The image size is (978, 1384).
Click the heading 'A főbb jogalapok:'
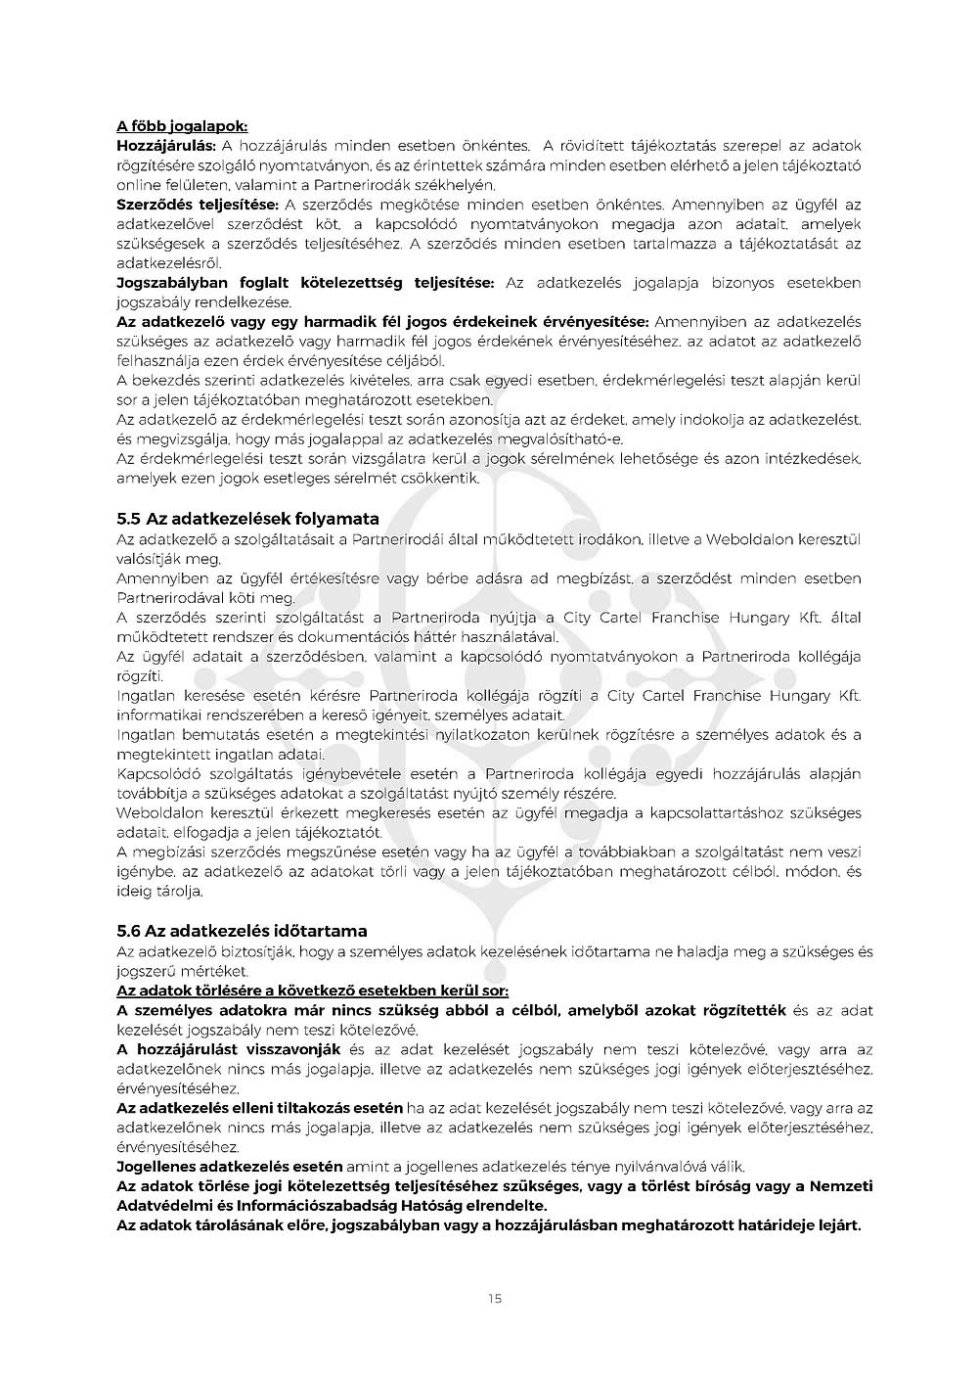(x=182, y=126)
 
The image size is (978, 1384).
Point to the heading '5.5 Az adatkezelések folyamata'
(x=247, y=519)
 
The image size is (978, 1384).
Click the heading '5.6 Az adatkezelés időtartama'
(x=242, y=931)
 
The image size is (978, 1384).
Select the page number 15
(x=494, y=1299)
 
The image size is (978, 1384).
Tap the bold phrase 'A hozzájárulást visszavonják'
(x=228, y=1049)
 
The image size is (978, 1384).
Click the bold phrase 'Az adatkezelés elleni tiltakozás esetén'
(x=259, y=1108)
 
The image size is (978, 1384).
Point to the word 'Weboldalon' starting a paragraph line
(x=156, y=813)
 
